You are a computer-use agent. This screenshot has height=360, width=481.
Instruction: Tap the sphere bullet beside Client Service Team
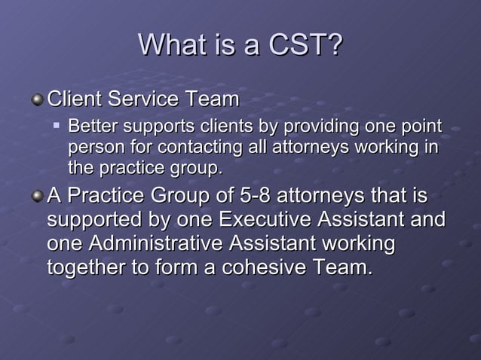tap(37, 99)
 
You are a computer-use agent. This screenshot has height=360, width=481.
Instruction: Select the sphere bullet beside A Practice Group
tap(37, 197)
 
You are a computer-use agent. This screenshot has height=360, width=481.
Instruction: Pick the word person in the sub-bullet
tap(92, 146)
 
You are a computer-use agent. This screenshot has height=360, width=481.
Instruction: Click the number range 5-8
tap(256, 197)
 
